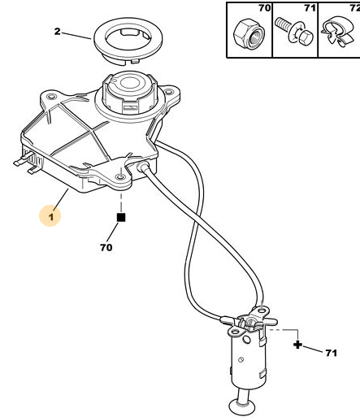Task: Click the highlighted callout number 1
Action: [x=51, y=216]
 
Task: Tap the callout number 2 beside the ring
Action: [x=57, y=32]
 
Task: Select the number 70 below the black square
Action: [x=106, y=247]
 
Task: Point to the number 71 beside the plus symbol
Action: [x=331, y=353]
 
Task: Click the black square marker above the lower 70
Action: [x=121, y=217]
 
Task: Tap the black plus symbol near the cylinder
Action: [x=297, y=345]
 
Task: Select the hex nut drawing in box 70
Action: [x=249, y=33]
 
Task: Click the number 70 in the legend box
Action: [x=264, y=8]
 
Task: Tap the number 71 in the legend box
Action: [x=310, y=8]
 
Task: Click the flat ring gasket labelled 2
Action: [x=128, y=41]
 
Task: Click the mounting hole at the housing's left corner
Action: [x=50, y=97]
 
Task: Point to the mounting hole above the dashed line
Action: [x=120, y=177]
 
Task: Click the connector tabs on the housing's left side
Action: [x=27, y=162]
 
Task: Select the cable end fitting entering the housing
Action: [x=143, y=166]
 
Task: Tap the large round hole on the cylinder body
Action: [x=247, y=340]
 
